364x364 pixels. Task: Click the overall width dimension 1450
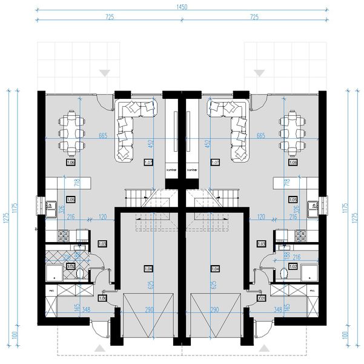click(182, 7)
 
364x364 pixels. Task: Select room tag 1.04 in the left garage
click(148, 268)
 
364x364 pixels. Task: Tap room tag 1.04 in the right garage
click(215, 268)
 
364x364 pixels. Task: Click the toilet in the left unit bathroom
click(81, 274)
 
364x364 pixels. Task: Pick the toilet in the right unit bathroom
click(283, 274)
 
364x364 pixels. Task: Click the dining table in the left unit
click(71, 132)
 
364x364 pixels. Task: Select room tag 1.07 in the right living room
click(214, 163)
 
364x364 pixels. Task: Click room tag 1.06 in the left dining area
click(70, 163)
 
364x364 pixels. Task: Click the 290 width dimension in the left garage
click(149, 310)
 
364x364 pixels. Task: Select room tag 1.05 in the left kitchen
click(70, 199)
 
